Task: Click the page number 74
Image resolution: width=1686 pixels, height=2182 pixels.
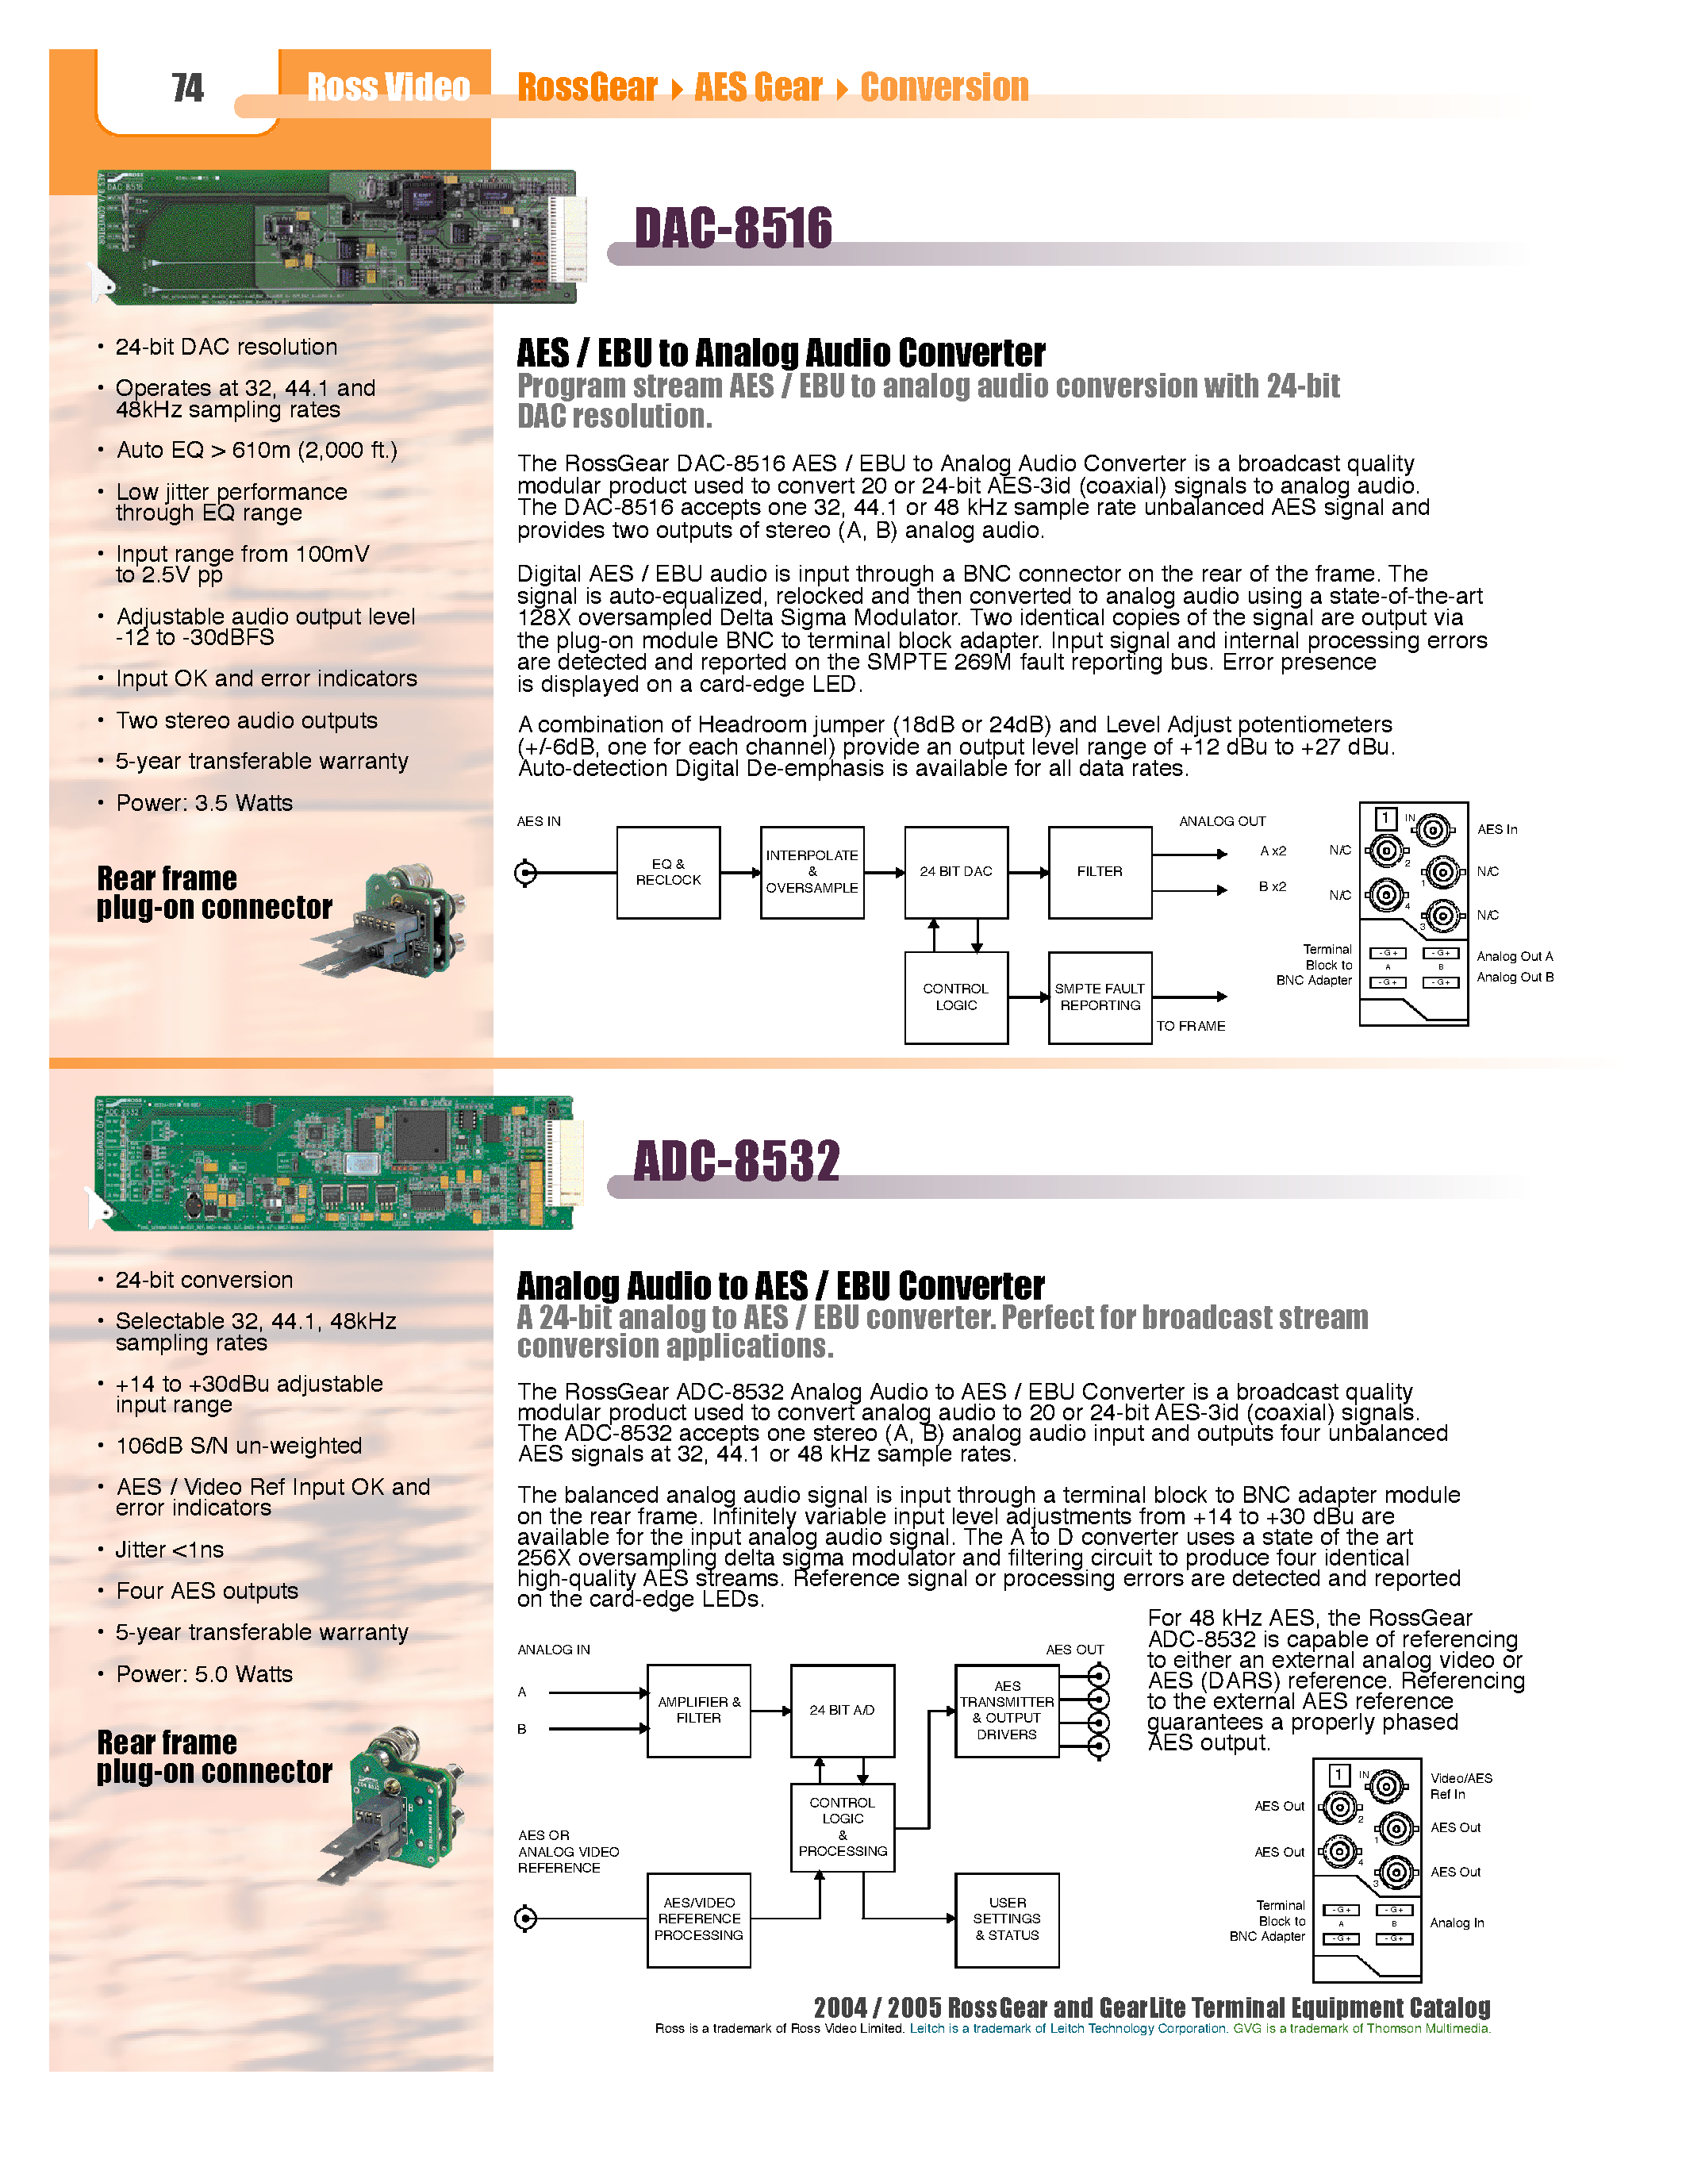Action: [x=186, y=88]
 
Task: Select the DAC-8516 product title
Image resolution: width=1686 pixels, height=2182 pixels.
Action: [x=733, y=228]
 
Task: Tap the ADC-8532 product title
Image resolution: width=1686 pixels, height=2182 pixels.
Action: [x=737, y=1161]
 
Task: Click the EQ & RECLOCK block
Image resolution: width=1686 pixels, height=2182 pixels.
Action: [x=668, y=872]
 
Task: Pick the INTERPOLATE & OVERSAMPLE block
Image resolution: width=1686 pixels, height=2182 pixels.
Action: [x=811, y=872]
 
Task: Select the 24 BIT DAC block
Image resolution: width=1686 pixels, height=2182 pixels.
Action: [x=956, y=872]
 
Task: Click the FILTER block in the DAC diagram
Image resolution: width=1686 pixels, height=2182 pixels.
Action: [x=1100, y=872]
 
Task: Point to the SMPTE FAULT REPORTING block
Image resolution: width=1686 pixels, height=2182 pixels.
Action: [x=1100, y=997]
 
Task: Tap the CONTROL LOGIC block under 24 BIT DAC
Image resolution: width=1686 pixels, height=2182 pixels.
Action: [x=956, y=997]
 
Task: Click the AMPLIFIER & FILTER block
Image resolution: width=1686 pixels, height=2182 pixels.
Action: [x=698, y=1711]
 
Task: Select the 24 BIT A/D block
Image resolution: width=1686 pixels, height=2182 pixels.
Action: [x=842, y=1711]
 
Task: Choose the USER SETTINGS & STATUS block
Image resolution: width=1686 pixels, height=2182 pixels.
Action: [x=1007, y=1919]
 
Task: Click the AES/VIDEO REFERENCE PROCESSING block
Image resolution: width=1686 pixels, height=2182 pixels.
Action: [x=698, y=1919]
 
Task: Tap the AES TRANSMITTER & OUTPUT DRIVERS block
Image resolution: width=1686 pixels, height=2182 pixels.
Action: [x=1007, y=1711]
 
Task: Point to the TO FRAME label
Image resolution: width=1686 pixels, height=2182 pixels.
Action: [x=1191, y=1026]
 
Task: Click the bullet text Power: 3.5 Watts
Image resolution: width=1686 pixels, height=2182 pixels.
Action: [x=204, y=803]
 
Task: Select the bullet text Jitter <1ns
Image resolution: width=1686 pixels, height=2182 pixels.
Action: [x=169, y=1550]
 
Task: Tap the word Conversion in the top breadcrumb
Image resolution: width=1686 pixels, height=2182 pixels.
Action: [x=944, y=88]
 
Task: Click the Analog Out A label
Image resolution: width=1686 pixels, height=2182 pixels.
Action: [x=1514, y=956]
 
